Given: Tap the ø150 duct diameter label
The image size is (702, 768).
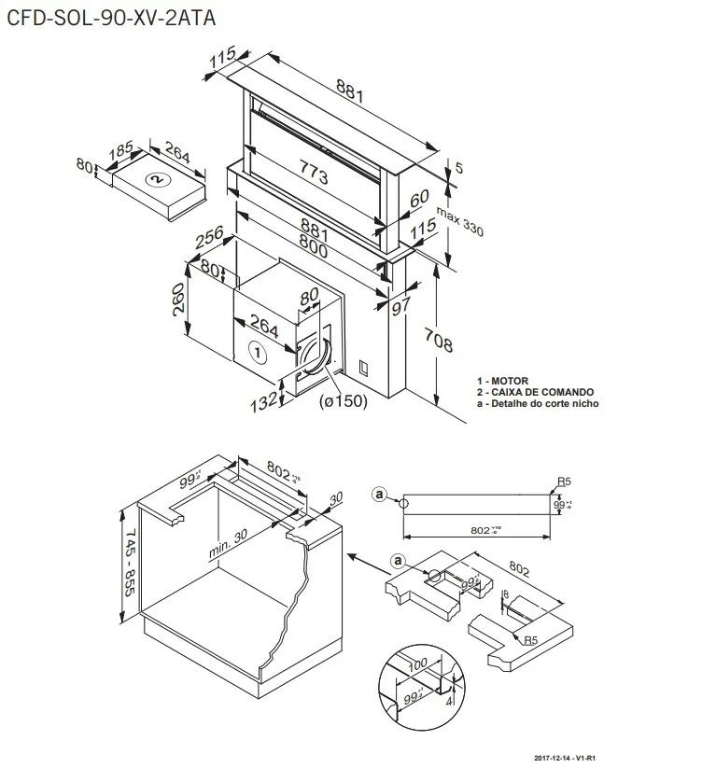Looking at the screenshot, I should [343, 401].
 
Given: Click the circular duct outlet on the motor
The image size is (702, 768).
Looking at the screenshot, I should [315, 354].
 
